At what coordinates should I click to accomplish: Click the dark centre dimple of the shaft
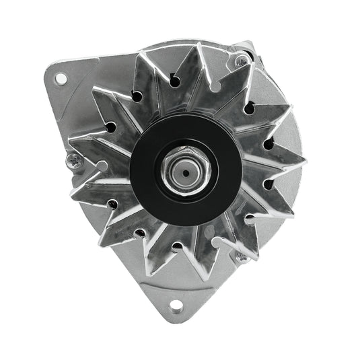point(183,172)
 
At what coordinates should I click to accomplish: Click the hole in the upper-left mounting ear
point(61,79)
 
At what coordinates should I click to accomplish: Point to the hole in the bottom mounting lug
point(176,306)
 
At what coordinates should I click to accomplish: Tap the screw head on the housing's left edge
point(73,159)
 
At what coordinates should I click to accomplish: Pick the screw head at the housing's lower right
point(240,256)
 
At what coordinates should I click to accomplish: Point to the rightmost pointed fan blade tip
point(305,162)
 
